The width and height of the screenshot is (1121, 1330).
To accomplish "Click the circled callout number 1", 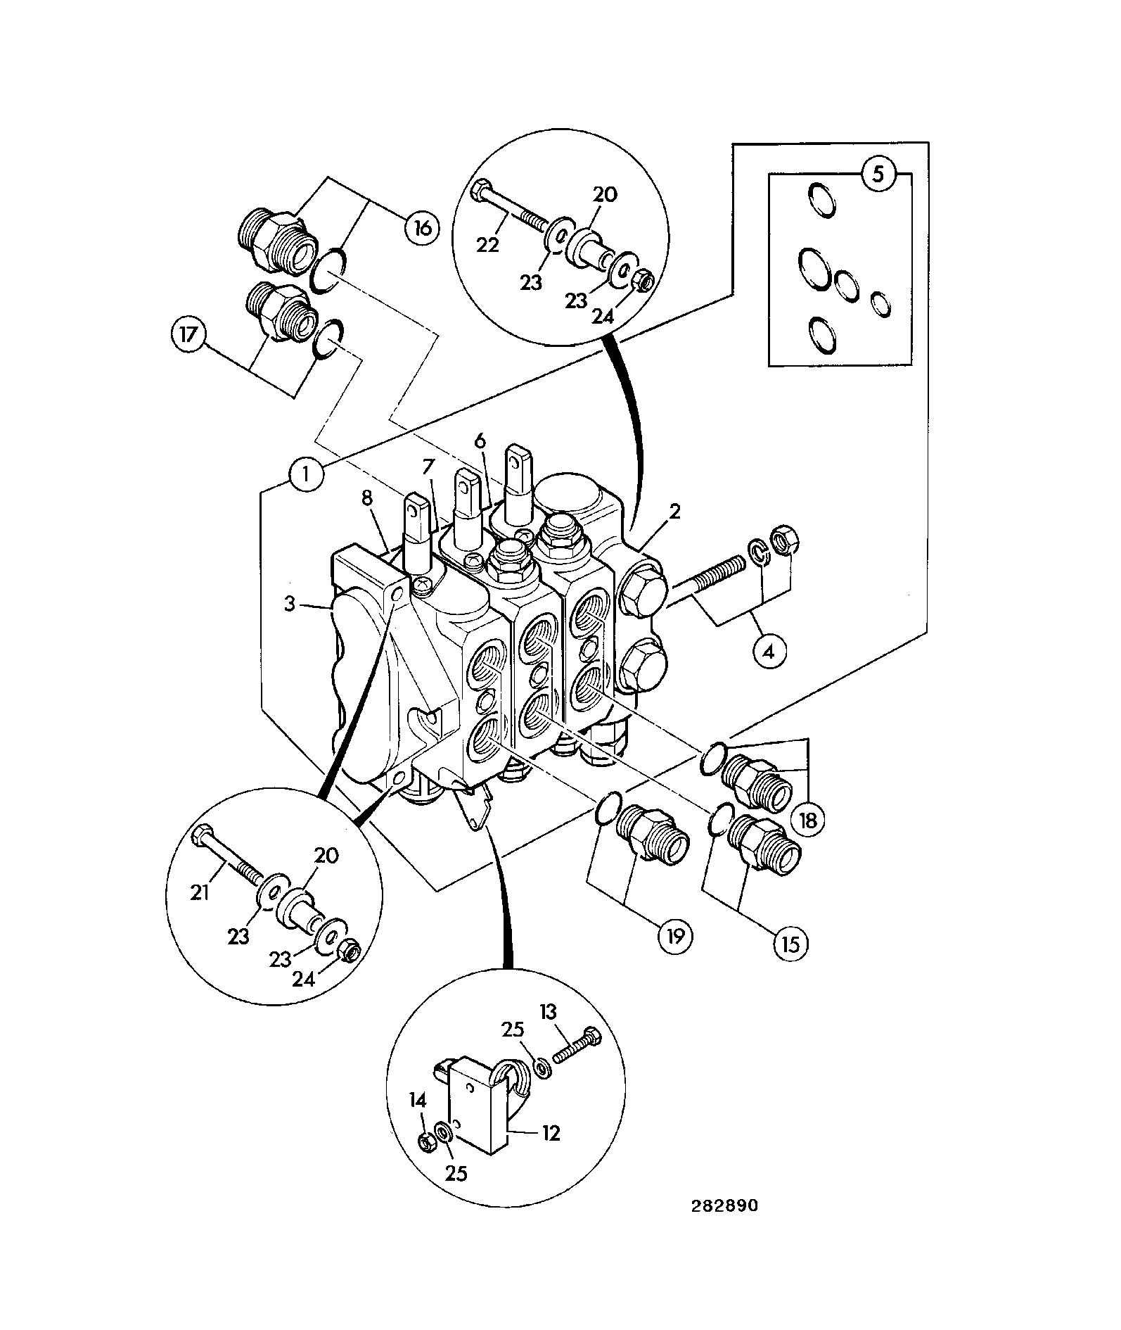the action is pos(305,474).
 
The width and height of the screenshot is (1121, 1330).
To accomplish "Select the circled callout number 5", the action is pos(878,175).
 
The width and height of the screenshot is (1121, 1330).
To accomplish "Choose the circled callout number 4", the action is pos(769,652).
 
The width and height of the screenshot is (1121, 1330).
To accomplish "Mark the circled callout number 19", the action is pos(675,935).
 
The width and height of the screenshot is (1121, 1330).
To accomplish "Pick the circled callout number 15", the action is pos(790,944).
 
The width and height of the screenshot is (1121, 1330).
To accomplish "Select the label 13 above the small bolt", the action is pos(548,1013).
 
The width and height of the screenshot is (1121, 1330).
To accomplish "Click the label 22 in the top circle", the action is pos(487,244).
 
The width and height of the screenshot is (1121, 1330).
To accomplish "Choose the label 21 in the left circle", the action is pos(200,892).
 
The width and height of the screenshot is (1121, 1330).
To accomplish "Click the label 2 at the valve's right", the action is pos(674,512).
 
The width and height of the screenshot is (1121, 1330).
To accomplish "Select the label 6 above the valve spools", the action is pos(480,441).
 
